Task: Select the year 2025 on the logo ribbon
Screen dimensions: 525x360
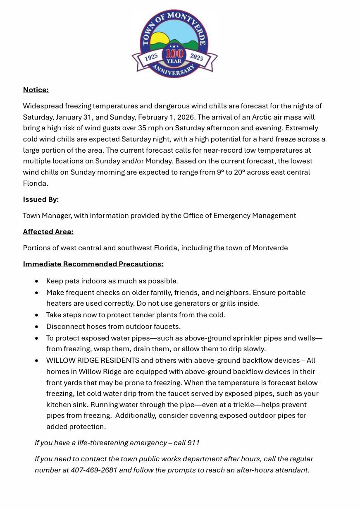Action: (196, 57)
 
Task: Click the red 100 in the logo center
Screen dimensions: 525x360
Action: (174, 54)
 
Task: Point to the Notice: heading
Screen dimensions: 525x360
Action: (36, 90)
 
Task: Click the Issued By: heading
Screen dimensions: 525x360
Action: (41, 199)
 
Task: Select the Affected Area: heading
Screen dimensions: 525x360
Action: (48, 232)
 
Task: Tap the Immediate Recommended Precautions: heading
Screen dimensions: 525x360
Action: (93, 264)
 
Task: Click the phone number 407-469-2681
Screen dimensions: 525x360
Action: (94, 470)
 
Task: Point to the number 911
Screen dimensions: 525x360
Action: (193, 443)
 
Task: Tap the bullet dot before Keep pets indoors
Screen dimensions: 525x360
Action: (37, 281)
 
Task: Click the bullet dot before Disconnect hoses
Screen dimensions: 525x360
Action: (37, 327)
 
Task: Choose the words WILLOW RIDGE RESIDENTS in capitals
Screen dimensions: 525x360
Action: (93, 360)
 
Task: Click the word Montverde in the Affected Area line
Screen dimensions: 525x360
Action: (270, 248)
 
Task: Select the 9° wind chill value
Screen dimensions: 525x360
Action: (220, 172)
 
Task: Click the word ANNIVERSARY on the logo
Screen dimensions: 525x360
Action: (174, 71)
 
